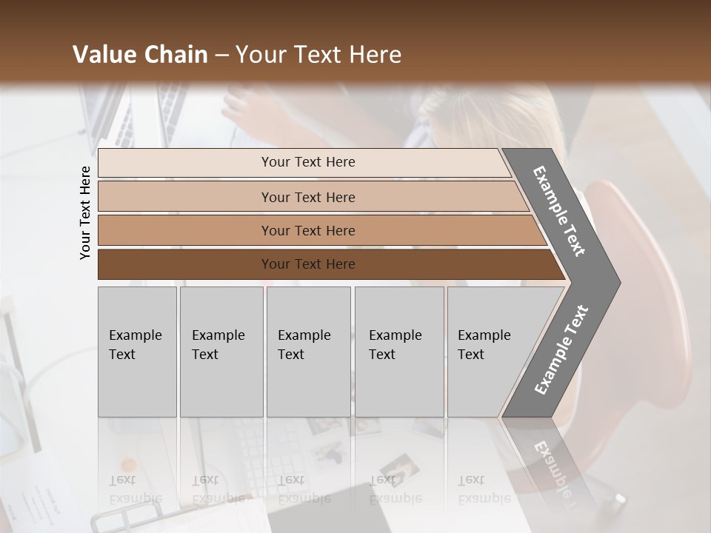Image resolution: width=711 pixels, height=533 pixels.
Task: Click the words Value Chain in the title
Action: click(140, 55)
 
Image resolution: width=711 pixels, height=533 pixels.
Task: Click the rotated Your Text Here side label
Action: click(85, 213)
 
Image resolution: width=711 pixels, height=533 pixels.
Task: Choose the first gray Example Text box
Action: click(137, 352)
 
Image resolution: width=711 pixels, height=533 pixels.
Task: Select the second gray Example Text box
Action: click(221, 352)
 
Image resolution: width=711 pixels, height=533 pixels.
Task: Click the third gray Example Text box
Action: click(308, 352)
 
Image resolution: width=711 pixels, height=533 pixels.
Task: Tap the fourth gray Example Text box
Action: click(399, 352)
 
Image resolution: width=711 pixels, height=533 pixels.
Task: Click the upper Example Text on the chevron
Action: click(559, 211)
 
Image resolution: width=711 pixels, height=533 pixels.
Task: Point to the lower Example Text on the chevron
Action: click(561, 350)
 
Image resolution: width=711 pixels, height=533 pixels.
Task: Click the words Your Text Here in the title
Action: click(318, 55)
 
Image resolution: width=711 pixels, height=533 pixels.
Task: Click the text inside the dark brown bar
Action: click(308, 264)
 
